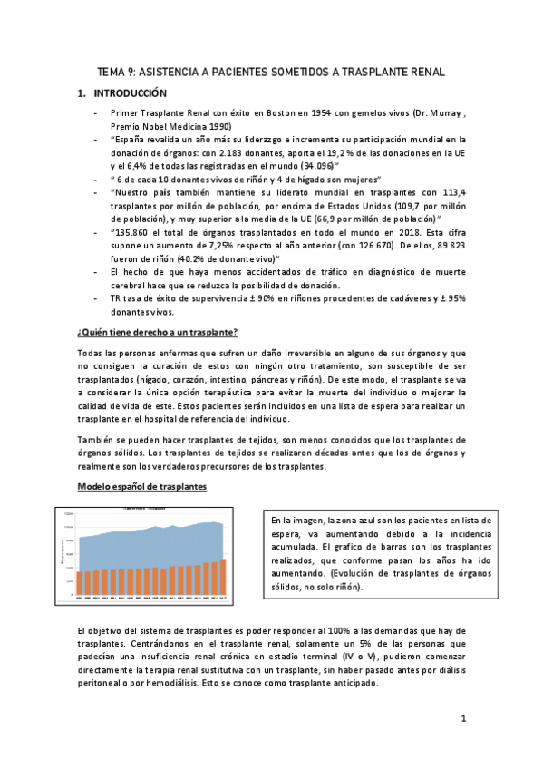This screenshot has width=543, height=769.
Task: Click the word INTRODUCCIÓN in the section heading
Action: point(132,92)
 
